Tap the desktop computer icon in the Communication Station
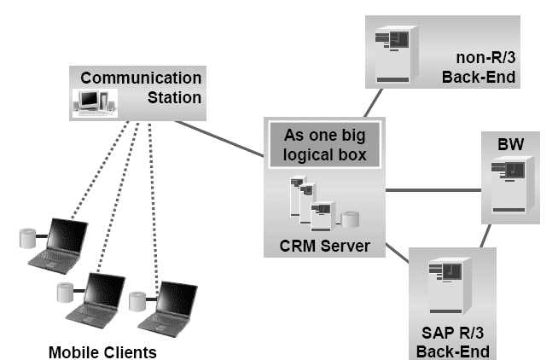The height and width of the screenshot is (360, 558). tap(96, 102)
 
